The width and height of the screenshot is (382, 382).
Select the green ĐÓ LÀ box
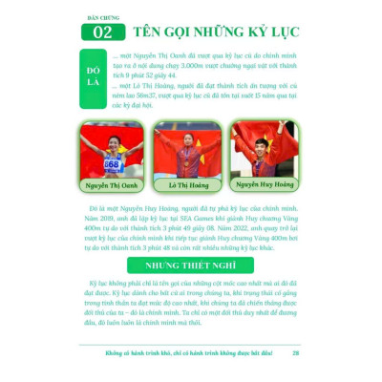pyautogui.click(x=93, y=78)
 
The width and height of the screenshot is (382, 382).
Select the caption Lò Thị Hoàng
pyautogui.click(x=187, y=186)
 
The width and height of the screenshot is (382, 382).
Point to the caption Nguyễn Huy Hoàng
pyautogui.click(x=263, y=184)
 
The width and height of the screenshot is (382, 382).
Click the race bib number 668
pyautogui.click(x=112, y=163)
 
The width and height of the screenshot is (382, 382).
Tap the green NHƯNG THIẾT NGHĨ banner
pyautogui.click(x=191, y=265)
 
